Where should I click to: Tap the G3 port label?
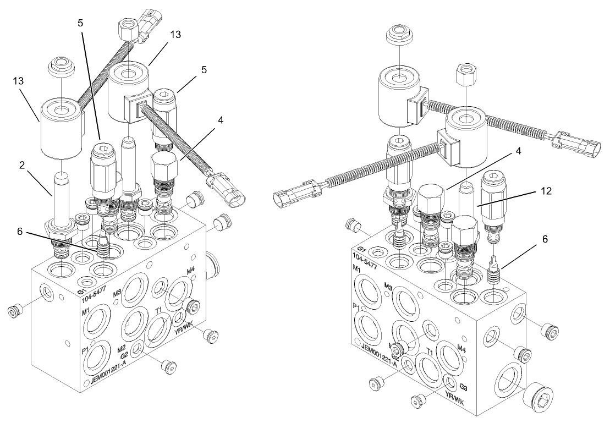pyautogui.click(x=463, y=386)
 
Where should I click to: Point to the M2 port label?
pyautogui.click(x=122, y=348)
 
